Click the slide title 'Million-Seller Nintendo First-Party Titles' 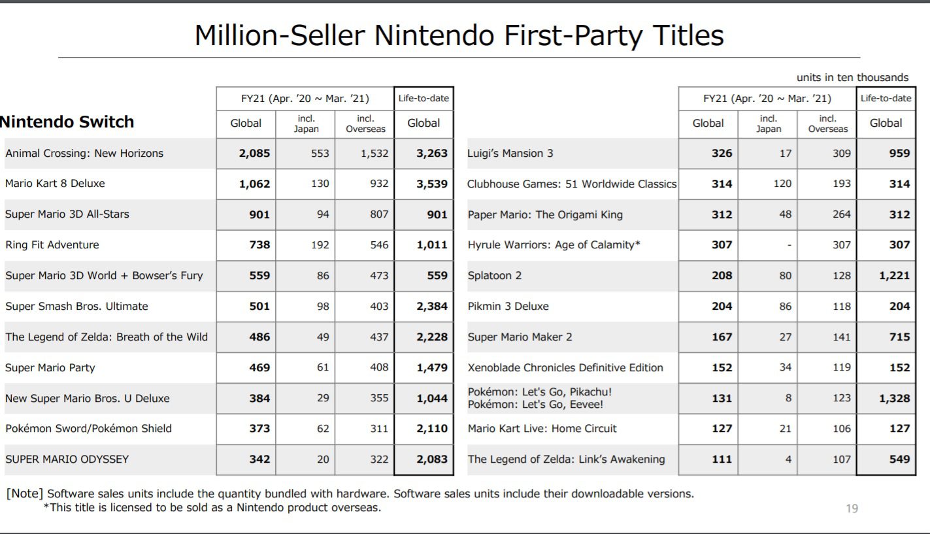click(459, 35)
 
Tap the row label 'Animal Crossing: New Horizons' click(84, 154)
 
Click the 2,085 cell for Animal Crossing click(254, 154)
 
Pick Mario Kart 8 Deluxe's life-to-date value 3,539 click(432, 184)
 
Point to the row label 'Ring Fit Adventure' click(52, 245)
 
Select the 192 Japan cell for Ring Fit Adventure click(320, 245)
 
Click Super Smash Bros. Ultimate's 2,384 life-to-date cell click(432, 307)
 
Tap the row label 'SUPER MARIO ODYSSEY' click(67, 459)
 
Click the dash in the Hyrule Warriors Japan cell click(789, 246)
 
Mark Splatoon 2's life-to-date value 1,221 click(894, 276)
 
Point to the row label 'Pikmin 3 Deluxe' click(508, 307)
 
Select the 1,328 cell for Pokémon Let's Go click(894, 398)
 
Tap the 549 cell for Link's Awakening click(899, 459)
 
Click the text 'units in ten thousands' click(852, 78)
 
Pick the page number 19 click(852, 509)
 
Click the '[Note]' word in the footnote click(25, 494)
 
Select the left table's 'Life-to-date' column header click(423, 99)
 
